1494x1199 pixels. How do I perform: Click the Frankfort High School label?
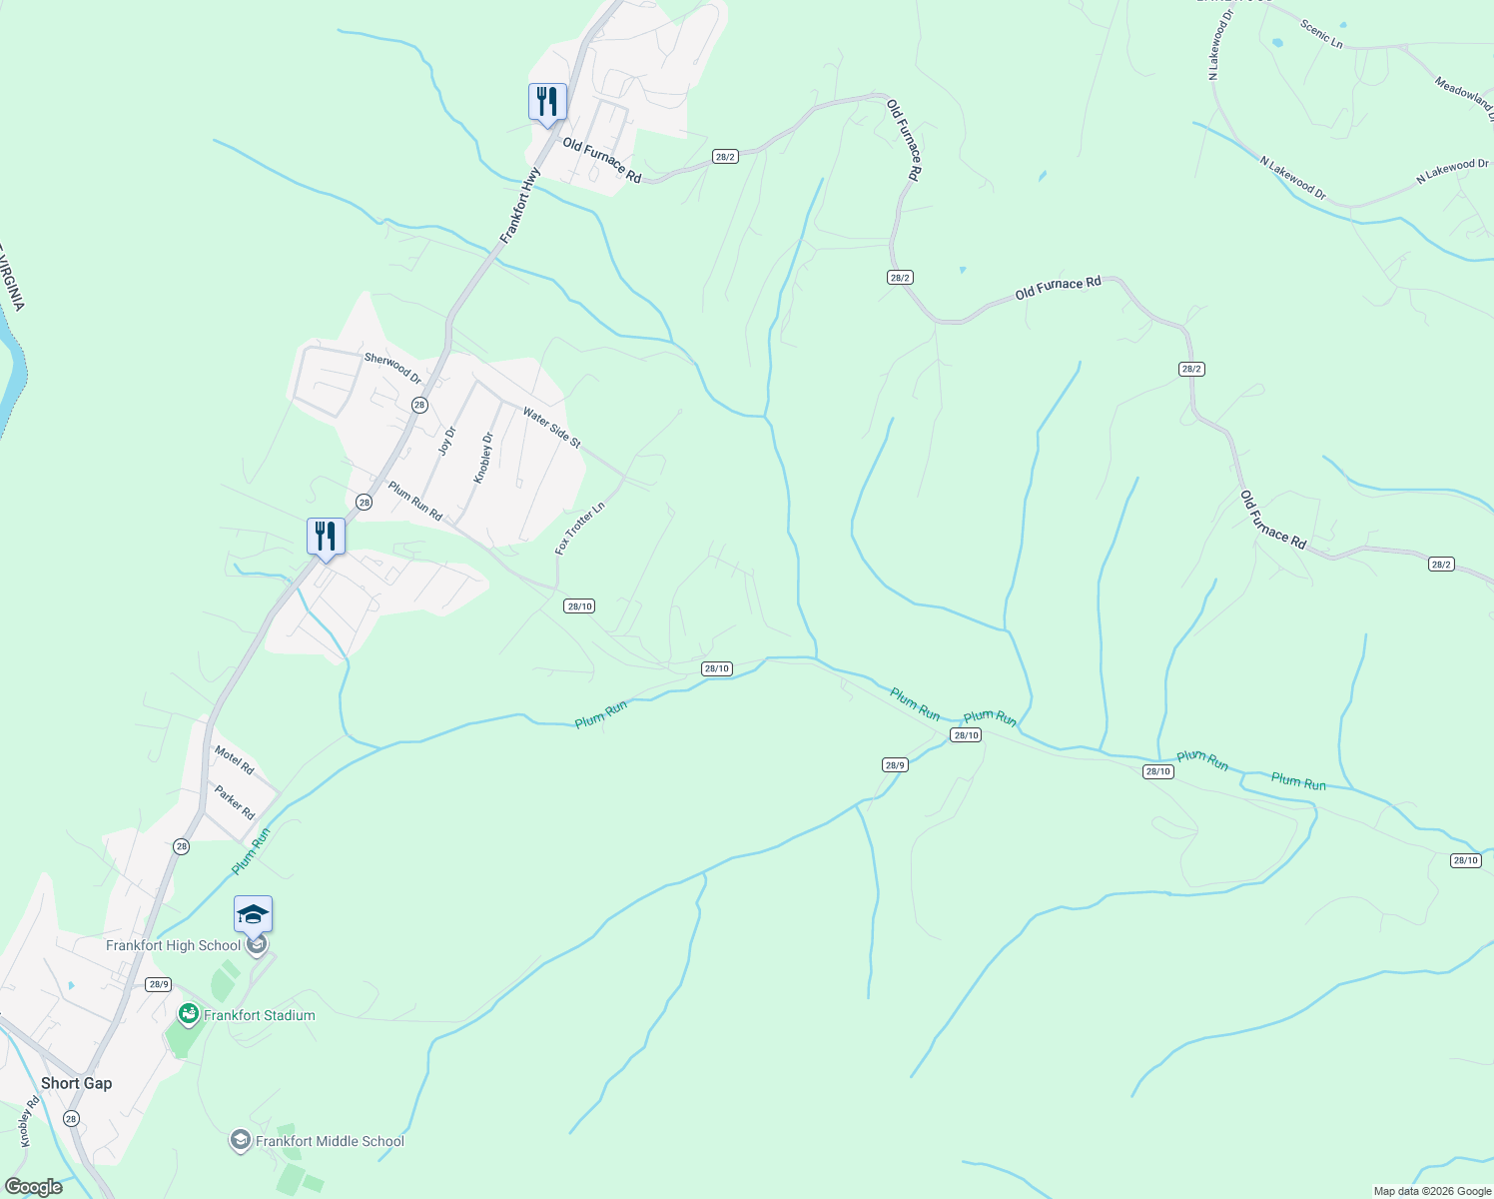tap(174, 945)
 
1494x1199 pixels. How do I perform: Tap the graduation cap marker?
tap(253, 914)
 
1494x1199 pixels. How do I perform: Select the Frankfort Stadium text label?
tap(260, 1015)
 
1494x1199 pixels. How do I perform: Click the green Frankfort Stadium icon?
tap(188, 1015)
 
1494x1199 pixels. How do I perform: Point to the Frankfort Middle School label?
tap(330, 1141)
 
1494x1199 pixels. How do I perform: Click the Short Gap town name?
tap(77, 1083)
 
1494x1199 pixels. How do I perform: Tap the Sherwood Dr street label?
tap(392, 368)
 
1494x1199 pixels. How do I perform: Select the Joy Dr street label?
tap(447, 441)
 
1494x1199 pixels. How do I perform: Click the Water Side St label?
tap(551, 428)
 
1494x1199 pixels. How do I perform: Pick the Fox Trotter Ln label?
tap(580, 529)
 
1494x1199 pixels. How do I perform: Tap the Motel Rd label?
tap(235, 761)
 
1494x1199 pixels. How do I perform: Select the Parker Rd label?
tap(235, 802)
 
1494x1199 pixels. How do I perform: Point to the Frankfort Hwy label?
tap(520, 206)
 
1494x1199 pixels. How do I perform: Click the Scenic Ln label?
tap(1321, 33)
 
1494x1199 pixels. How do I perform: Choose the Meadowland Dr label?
tap(1464, 94)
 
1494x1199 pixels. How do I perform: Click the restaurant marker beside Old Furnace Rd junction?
tap(547, 102)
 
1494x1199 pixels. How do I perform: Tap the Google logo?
tap(33, 1187)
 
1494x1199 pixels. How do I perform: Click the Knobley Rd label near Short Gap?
tap(28, 1121)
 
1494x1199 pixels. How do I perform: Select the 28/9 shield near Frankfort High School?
tap(158, 984)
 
